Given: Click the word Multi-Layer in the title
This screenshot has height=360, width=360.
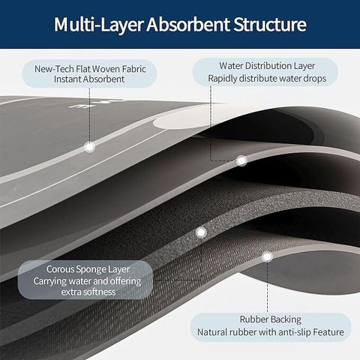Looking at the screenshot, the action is pyautogui.click(x=99, y=25).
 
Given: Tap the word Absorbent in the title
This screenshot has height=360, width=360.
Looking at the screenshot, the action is pyautogui.click(x=188, y=24).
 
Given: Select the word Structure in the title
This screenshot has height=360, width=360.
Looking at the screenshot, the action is pyautogui.click(x=270, y=24).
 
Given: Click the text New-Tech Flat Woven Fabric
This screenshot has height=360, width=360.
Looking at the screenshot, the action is pyautogui.click(x=90, y=69).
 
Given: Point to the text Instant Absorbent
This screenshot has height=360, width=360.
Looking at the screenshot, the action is pyautogui.click(x=89, y=79).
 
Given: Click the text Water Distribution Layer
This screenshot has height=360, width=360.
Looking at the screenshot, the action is pyautogui.click(x=267, y=66).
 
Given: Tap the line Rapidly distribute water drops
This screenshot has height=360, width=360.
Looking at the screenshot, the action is pyautogui.click(x=267, y=78).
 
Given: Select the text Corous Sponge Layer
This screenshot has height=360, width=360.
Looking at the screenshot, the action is pyautogui.click(x=88, y=269).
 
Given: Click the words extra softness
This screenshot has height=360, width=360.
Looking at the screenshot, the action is pyautogui.click(x=88, y=292).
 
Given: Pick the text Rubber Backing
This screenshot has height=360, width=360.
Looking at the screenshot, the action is pyautogui.click(x=271, y=319).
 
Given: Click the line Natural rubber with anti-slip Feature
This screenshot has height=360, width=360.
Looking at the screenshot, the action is pyautogui.click(x=271, y=332).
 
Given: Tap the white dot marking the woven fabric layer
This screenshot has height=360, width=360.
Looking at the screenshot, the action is pyautogui.click(x=89, y=147).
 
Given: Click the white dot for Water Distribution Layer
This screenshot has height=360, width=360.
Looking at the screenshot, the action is pyautogui.click(x=241, y=160).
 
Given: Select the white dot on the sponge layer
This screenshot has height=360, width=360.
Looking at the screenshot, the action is pyautogui.click(x=201, y=232).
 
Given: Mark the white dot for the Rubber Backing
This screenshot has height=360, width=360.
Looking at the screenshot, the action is pyautogui.click(x=267, y=256).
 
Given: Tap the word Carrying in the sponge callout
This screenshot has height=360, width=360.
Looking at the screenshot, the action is pyautogui.click(x=49, y=281).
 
